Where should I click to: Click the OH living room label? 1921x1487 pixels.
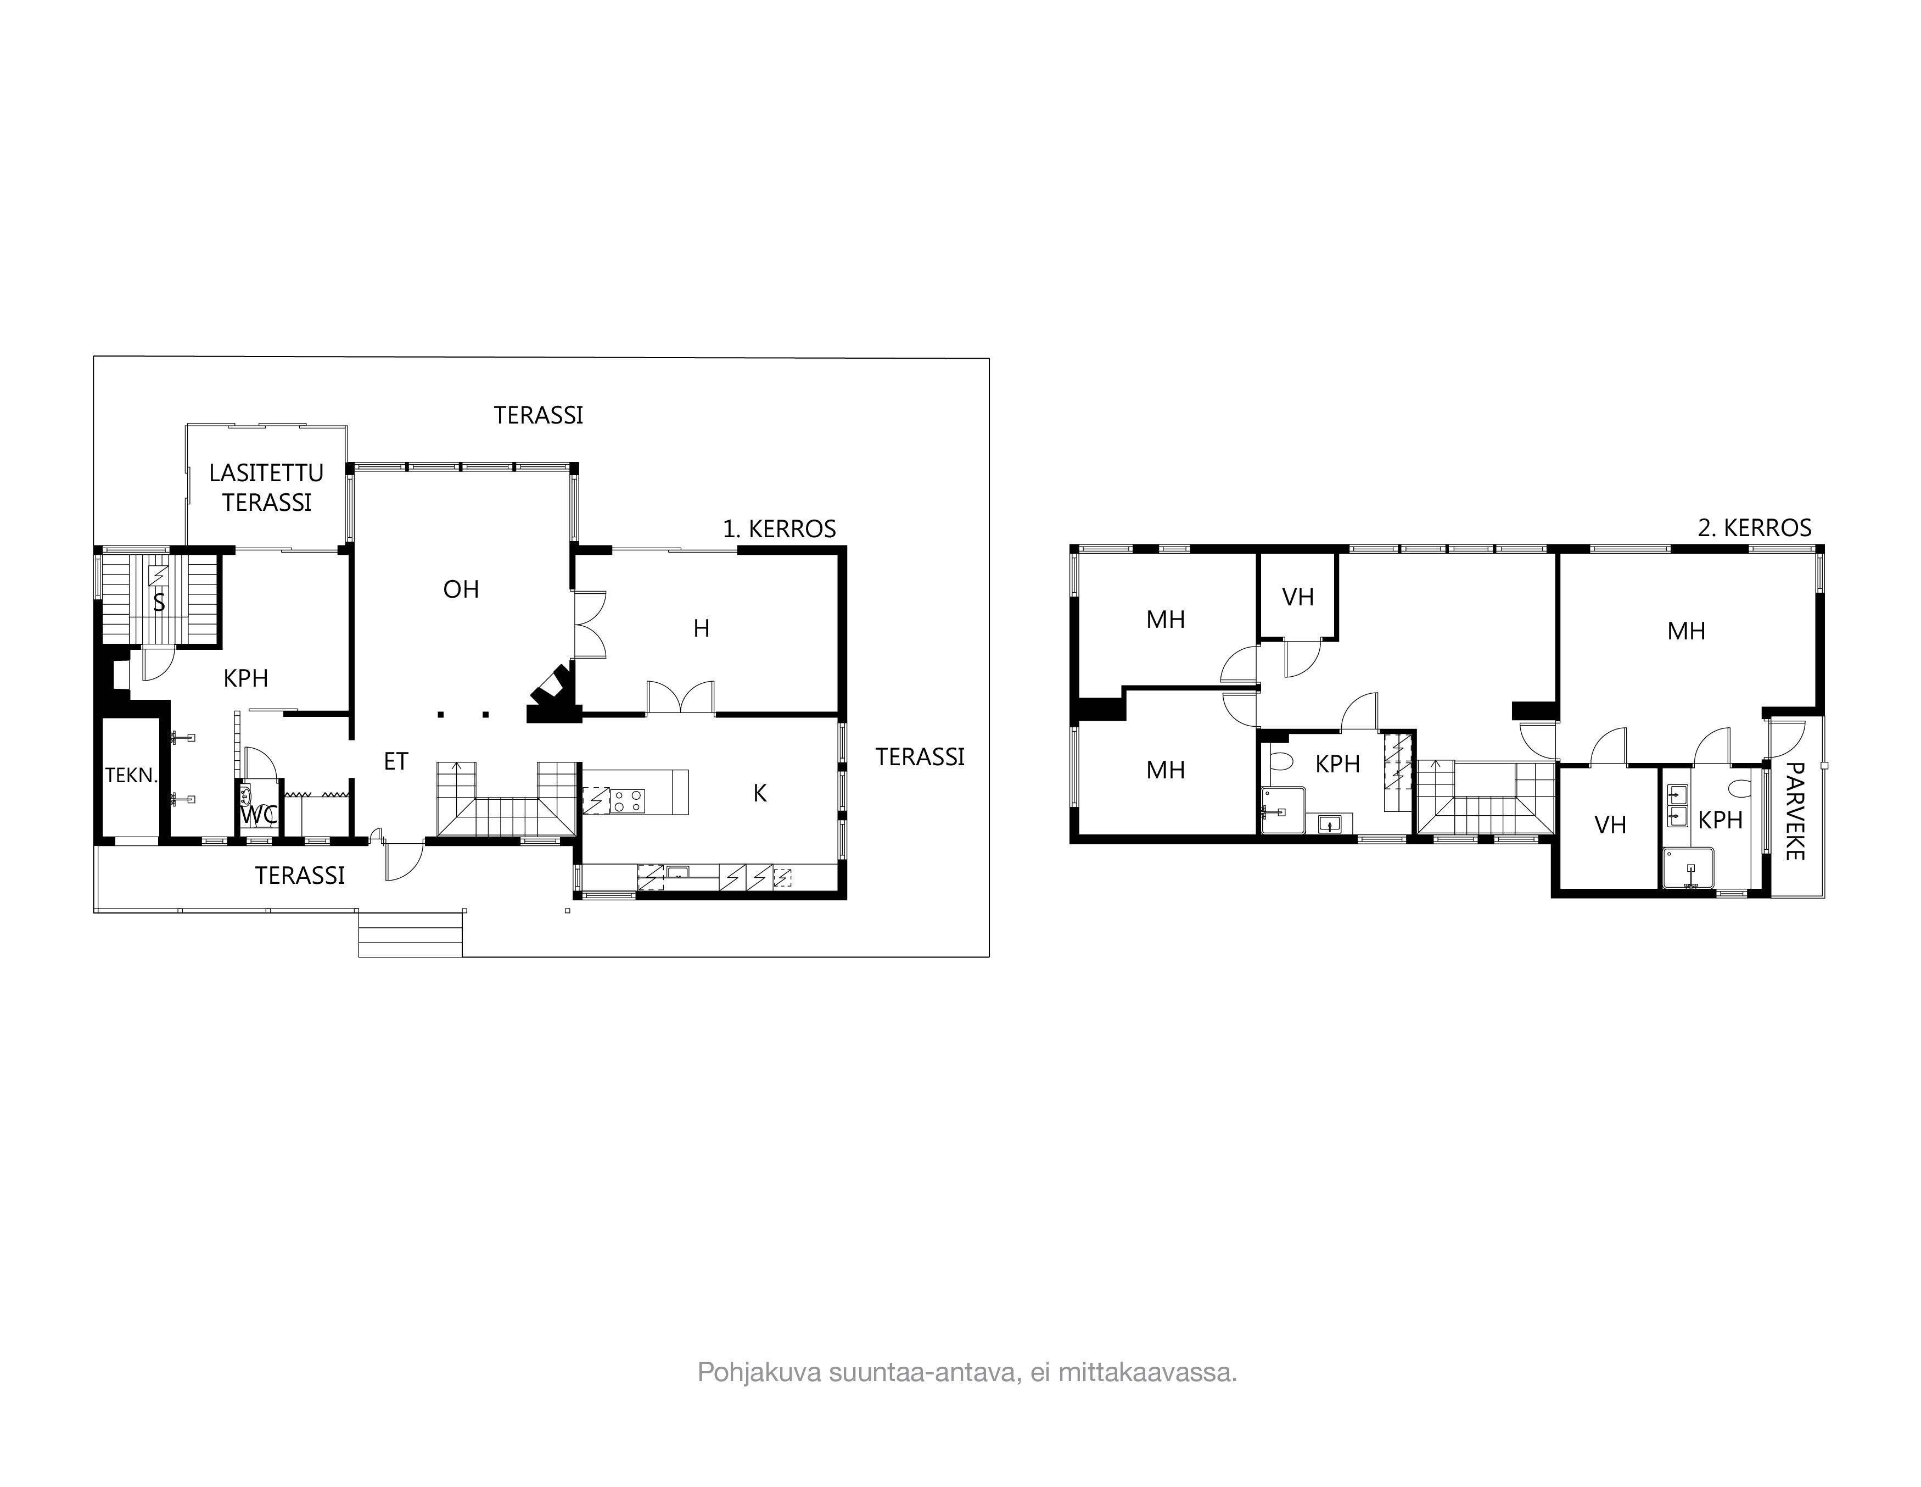[x=461, y=589]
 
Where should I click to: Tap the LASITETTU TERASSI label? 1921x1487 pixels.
[x=266, y=487]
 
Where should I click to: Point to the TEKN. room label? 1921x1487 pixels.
[x=131, y=775]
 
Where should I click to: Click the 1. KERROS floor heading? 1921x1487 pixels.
[x=779, y=529]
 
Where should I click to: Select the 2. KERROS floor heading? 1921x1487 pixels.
[x=1754, y=528]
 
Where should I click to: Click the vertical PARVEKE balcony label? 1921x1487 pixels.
[x=1794, y=811]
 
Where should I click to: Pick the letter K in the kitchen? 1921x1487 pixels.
[x=760, y=794]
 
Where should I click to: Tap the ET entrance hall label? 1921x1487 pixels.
[x=396, y=762]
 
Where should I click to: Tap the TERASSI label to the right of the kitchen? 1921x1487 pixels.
[x=920, y=757]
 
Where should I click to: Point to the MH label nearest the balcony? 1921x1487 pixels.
[x=1686, y=631]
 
